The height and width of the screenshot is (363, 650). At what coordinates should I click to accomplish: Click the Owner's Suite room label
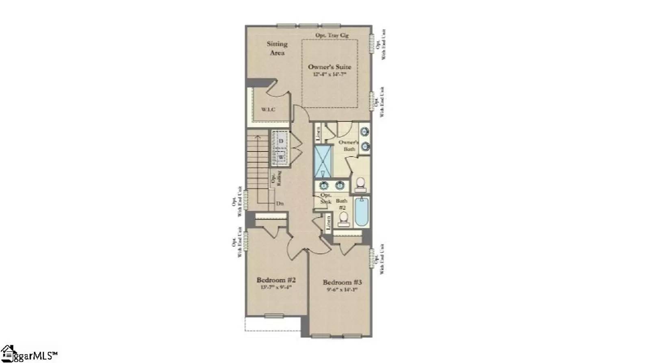pyautogui.click(x=329, y=67)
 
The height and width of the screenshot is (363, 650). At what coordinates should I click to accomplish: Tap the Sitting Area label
pyautogui.click(x=277, y=48)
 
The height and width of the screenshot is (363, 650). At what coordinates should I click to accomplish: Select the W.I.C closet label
pyautogui.click(x=268, y=109)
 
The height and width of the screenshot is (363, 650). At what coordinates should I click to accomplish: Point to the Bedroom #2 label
pyautogui.click(x=276, y=280)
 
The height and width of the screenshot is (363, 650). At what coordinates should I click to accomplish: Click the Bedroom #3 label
pyautogui.click(x=342, y=282)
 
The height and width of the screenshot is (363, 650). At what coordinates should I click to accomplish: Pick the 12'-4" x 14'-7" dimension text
pyautogui.click(x=329, y=75)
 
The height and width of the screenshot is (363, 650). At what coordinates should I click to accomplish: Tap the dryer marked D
pyautogui.click(x=281, y=141)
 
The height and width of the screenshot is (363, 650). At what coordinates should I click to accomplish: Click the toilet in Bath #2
pyautogui.click(x=344, y=219)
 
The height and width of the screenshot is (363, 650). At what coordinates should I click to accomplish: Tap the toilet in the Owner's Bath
pyautogui.click(x=360, y=185)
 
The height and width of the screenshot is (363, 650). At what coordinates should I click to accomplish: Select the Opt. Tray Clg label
pyautogui.click(x=332, y=35)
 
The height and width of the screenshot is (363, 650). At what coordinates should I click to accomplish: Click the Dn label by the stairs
pyautogui.click(x=279, y=203)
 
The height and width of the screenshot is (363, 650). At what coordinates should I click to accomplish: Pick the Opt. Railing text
pyautogui.click(x=276, y=178)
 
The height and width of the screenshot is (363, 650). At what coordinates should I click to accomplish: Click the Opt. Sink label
pyautogui.click(x=326, y=198)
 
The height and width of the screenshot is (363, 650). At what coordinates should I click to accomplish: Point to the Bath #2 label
pyautogui.click(x=342, y=204)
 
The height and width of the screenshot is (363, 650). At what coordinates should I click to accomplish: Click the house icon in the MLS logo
pyautogui.click(x=8, y=353)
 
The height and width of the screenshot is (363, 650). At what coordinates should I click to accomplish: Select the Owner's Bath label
pyautogui.click(x=349, y=146)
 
